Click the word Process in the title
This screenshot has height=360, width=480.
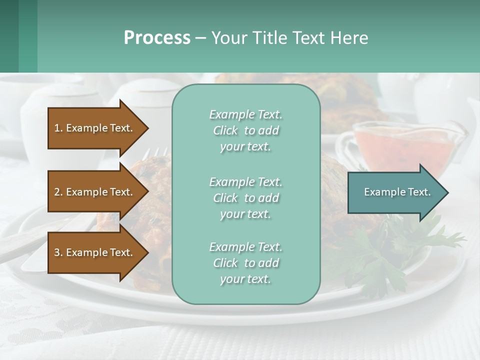coord(157,38)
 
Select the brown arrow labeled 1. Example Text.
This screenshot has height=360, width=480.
coord(95,128)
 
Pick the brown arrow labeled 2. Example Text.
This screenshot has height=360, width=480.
coord(95,192)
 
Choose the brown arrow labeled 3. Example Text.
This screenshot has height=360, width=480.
coord(95,252)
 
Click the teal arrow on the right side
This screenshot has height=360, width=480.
coord(395,192)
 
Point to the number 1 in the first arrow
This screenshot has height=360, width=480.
coord(57,128)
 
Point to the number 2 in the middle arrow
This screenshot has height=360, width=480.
coord(57,192)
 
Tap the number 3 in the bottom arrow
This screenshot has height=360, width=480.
coord(57,252)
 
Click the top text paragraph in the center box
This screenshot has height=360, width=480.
coord(245,130)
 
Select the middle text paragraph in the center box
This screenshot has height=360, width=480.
coord(245,198)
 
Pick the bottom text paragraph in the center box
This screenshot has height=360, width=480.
coord(245,263)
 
